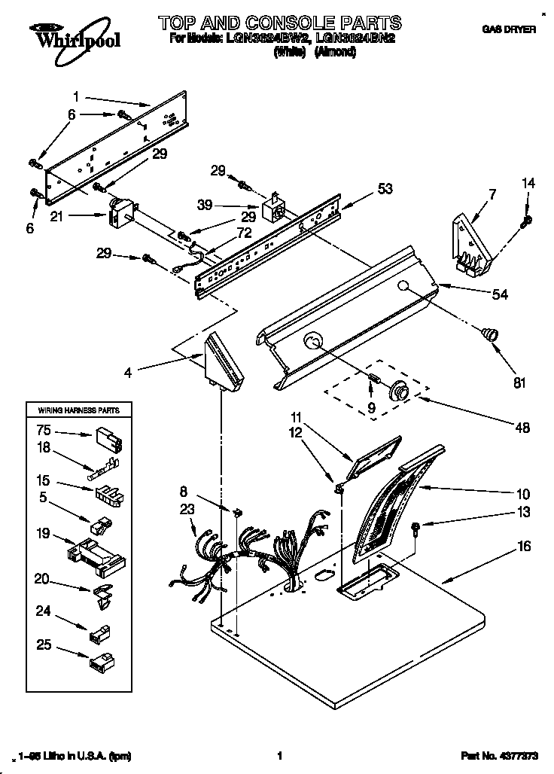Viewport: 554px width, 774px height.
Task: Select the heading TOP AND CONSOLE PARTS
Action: (x=279, y=23)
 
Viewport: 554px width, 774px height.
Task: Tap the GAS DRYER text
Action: (x=509, y=29)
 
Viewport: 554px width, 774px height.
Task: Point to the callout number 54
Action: (x=499, y=294)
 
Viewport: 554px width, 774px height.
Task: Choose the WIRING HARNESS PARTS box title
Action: (x=74, y=410)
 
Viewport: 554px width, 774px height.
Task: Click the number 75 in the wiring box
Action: (x=44, y=431)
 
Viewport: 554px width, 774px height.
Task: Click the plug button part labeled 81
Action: (x=490, y=334)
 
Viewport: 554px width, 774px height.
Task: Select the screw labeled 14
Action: (x=527, y=220)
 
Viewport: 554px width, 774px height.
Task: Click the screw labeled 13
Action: (x=415, y=528)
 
